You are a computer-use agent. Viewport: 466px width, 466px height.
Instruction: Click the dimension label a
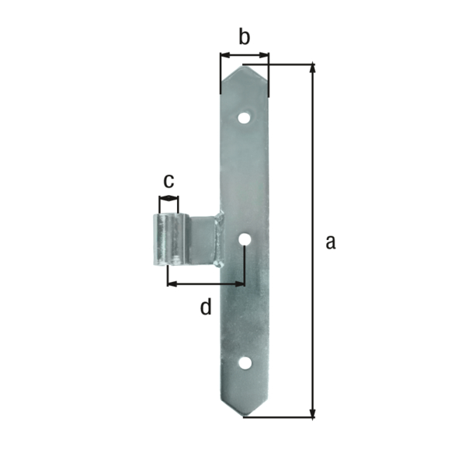[x=330, y=242]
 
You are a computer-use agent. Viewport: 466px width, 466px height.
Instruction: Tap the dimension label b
[x=244, y=37]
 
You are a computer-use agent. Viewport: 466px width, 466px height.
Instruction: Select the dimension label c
[x=168, y=180]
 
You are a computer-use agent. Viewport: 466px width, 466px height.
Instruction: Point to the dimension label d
[x=205, y=308]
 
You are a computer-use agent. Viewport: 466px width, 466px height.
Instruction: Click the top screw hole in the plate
[x=245, y=119]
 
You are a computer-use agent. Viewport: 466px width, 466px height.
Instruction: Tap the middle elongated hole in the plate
[x=245, y=242]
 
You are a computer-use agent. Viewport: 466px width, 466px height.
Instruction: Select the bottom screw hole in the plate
[x=245, y=363]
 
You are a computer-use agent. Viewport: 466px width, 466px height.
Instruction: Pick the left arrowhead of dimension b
[x=224, y=55]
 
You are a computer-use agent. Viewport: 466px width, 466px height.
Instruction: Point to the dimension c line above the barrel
[x=168, y=200]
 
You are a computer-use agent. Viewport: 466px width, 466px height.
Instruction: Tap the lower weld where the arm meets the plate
[x=221, y=264]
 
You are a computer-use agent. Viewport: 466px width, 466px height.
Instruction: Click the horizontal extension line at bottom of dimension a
[x=280, y=417]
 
